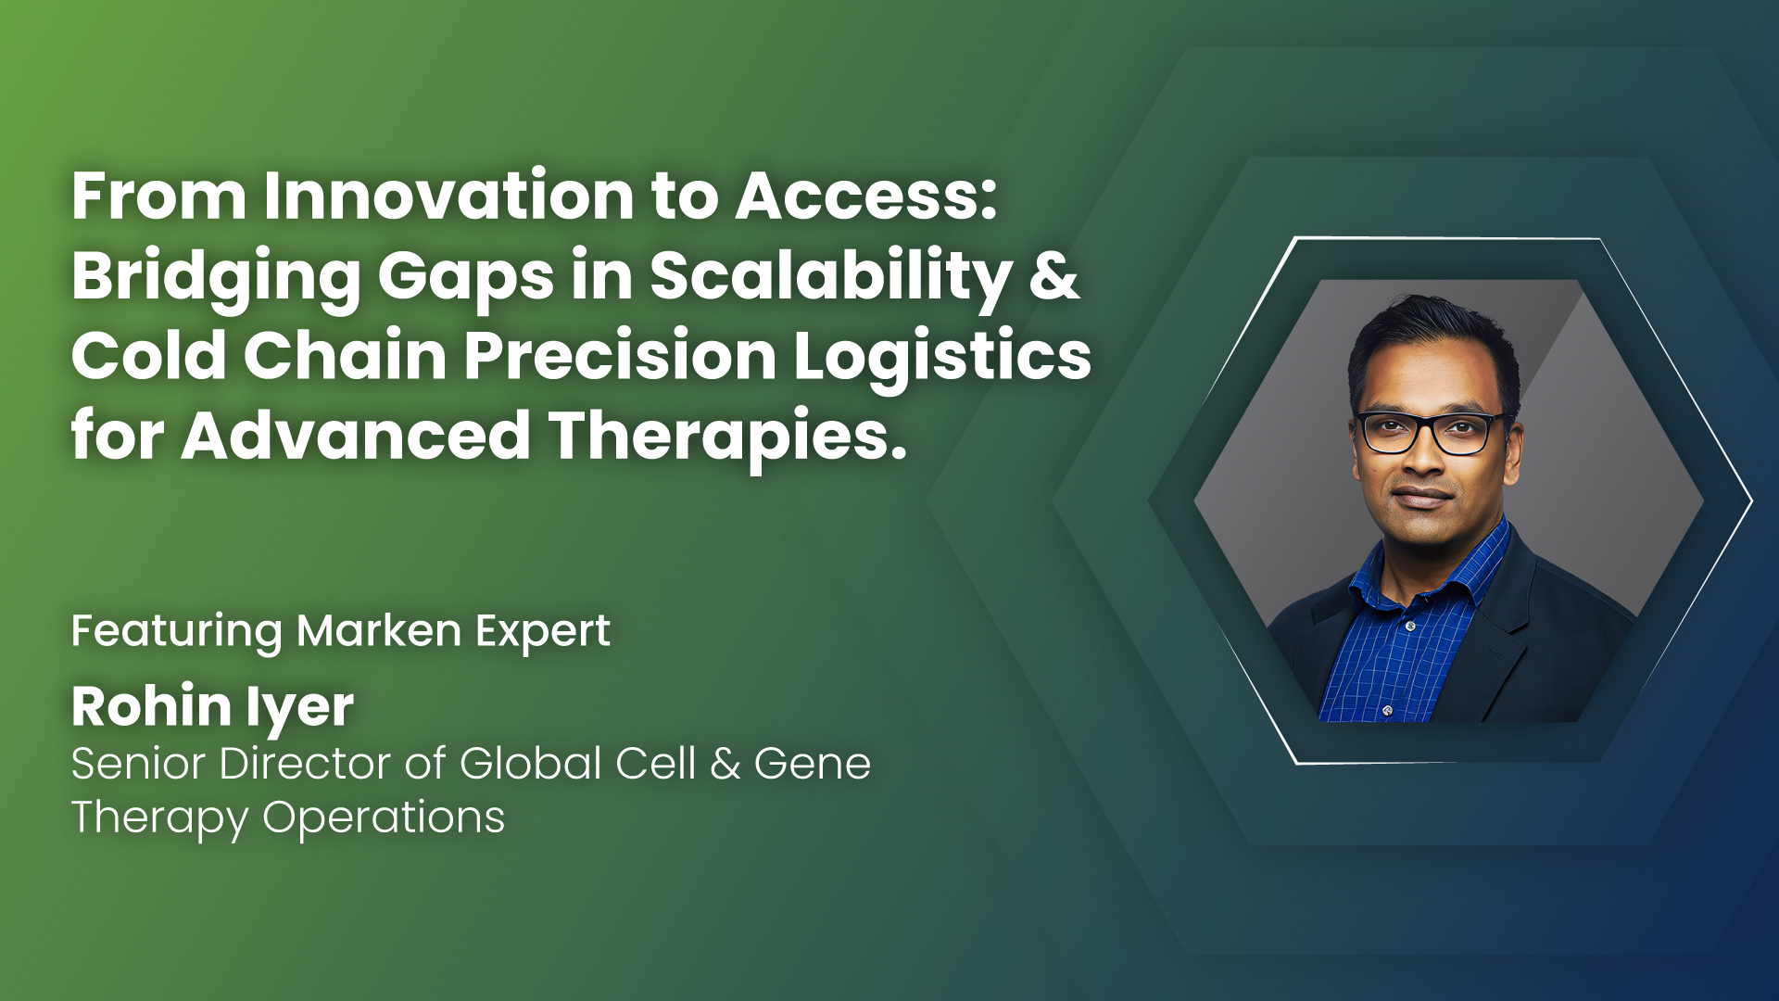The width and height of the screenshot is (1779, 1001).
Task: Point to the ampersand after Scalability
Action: [1054, 275]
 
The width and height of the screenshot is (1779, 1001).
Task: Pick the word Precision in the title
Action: [620, 356]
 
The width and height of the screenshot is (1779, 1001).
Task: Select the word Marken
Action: [378, 631]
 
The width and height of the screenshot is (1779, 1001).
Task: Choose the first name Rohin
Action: [151, 706]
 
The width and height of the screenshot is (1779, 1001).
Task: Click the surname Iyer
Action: [300, 710]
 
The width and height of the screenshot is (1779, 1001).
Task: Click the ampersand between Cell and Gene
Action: [725, 765]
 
